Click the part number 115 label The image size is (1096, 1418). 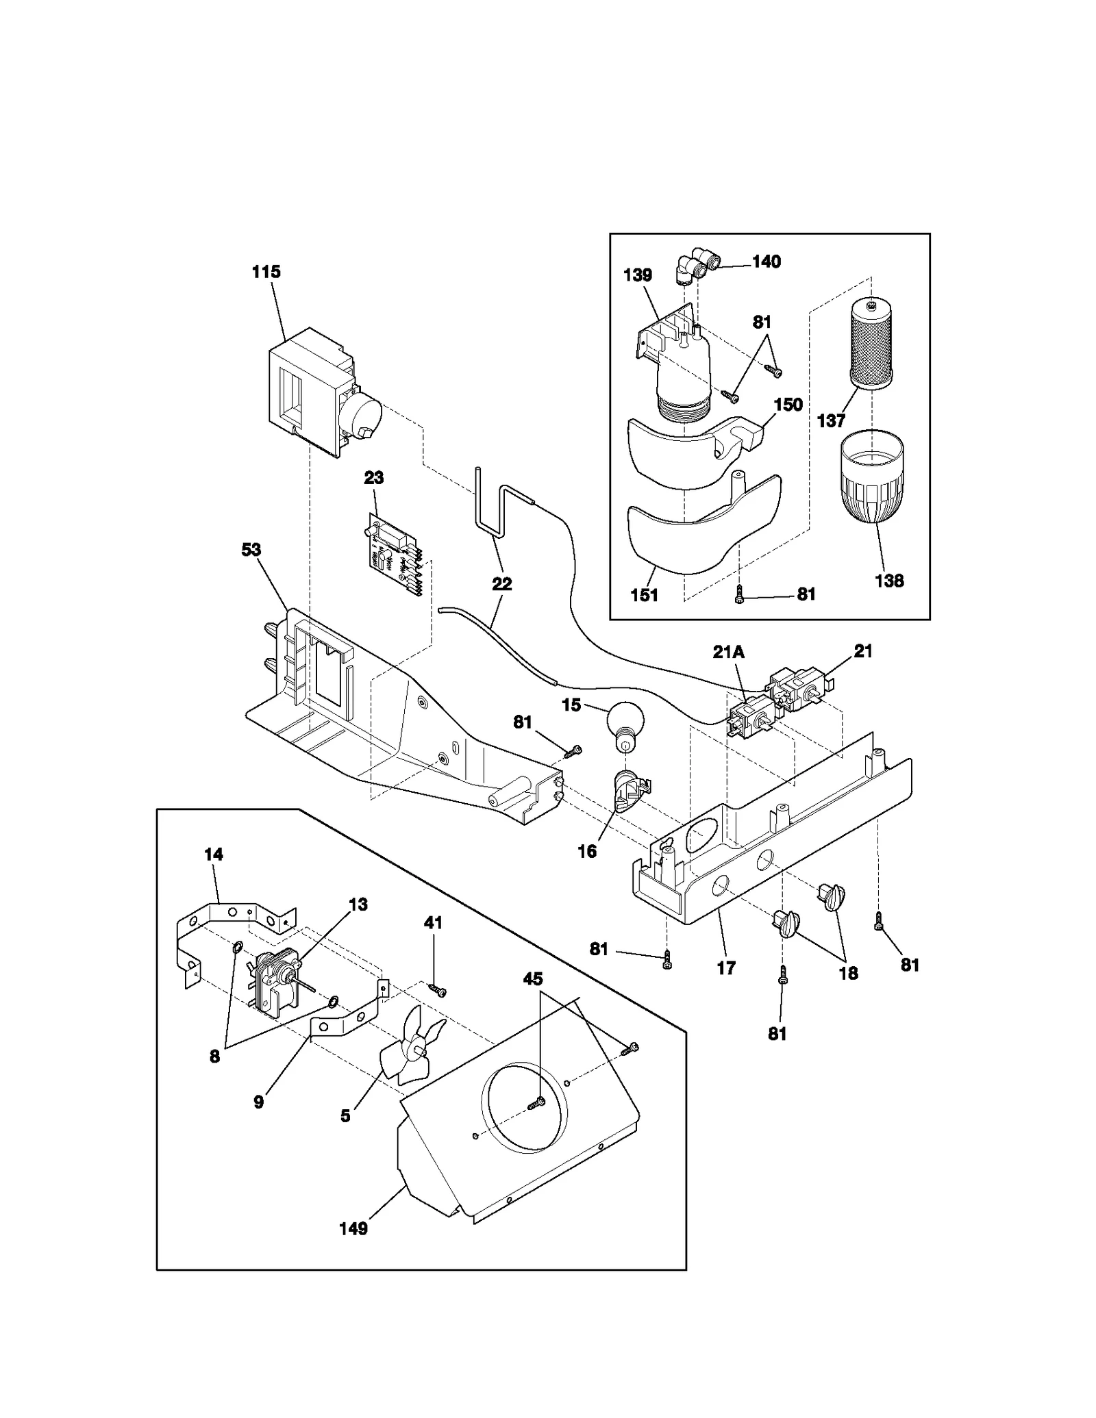[x=266, y=272]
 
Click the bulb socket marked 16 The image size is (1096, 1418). [x=629, y=791]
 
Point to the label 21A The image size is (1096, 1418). [x=728, y=653]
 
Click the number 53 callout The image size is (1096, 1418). [x=251, y=550]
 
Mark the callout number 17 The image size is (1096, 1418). [x=726, y=968]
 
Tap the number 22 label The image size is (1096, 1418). [x=502, y=584]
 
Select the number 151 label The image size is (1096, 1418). [x=644, y=595]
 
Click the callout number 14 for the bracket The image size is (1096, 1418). [x=214, y=854]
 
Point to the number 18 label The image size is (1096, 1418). [x=848, y=973]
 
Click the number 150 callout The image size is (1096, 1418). [x=788, y=405]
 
